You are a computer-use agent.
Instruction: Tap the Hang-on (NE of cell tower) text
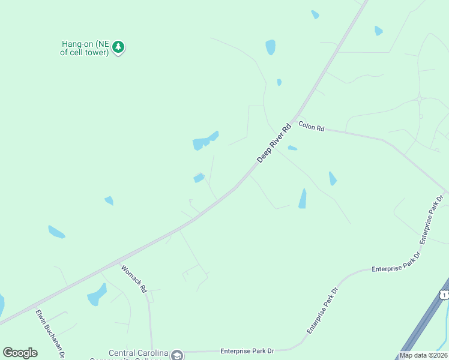(85, 48)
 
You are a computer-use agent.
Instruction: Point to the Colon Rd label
(312, 128)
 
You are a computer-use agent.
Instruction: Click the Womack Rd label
(134, 279)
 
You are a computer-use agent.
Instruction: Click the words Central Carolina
(138, 353)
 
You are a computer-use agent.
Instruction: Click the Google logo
(20, 353)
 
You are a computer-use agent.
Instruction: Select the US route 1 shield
(444, 294)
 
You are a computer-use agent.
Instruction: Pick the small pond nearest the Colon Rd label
(292, 148)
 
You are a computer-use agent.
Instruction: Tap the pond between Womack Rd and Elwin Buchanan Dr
(96, 295)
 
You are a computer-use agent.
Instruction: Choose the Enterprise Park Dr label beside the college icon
(247, 350)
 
